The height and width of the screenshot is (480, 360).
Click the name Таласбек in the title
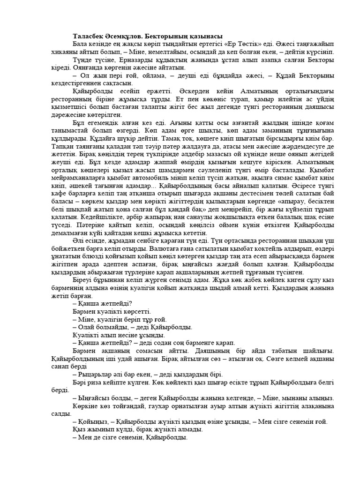point(89,36)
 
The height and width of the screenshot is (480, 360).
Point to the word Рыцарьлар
point(98,375)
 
